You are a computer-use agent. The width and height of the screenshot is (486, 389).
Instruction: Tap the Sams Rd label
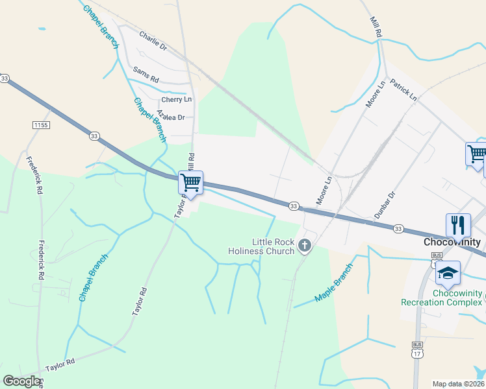[x=146, y=73]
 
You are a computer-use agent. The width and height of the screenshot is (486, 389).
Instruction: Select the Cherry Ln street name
[x=177, y=99]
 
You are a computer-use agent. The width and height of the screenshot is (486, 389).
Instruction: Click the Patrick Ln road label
[x=404, y=90]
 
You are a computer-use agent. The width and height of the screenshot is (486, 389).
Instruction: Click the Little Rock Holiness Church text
[x=261, y=246]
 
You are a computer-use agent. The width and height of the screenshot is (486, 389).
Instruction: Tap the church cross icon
[x=305, y=246]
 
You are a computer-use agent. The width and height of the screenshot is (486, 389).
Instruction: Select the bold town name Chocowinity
[x=452, y=242]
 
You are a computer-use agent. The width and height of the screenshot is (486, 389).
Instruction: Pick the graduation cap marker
[x=448, y=272]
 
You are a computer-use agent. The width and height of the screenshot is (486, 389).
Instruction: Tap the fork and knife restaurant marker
[x=458, y=225]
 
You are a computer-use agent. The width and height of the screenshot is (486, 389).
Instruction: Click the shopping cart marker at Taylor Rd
[x=191, y=182]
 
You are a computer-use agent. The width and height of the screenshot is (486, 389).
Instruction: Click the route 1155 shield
[x=40, y=124]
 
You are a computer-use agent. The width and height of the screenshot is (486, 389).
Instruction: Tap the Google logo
[x=21, y=381]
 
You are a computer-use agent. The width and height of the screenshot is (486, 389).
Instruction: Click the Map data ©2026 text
[x=457, y=384]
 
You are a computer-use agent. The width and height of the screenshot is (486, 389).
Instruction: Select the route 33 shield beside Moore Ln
[x=294, y=206]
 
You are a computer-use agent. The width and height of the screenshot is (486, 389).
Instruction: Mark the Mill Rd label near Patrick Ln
[x=376, y=27]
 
